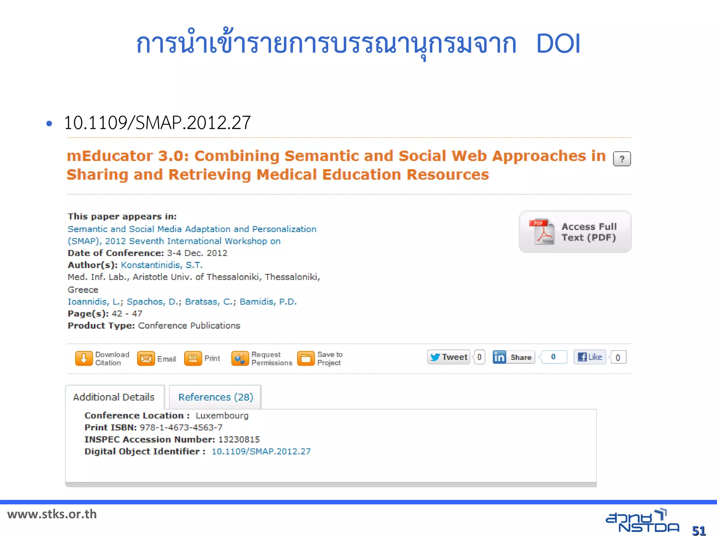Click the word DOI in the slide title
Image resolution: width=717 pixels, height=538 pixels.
(x=558, y=44)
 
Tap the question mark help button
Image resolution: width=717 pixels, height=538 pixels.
(x=622, y=159)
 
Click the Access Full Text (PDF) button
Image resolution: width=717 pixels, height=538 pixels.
(x=575, y=232)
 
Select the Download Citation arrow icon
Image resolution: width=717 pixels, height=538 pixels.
(x=84, y=358)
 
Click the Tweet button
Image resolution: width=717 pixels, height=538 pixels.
(x=449, y=357)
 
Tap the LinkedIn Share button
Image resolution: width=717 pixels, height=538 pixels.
(x=514, y=357)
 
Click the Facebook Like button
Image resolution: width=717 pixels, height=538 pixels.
(x=590, y=357)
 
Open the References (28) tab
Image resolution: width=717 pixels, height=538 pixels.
(x=216, y=397)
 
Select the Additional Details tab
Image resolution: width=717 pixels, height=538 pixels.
(x=114, y=397)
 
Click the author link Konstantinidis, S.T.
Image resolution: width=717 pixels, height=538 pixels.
(x=161, y=265)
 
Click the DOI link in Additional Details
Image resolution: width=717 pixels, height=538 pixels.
(x=261, y=451)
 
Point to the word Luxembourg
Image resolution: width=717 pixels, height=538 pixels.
(x=222, y=416)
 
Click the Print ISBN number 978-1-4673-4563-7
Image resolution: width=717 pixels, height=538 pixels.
(x=181, y=428)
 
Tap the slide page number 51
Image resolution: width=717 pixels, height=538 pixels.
(x=699, y=531)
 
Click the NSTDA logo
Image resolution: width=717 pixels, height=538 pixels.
(x=642, y=521)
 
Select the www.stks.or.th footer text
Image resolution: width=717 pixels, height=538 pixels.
(x=52, y=514)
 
